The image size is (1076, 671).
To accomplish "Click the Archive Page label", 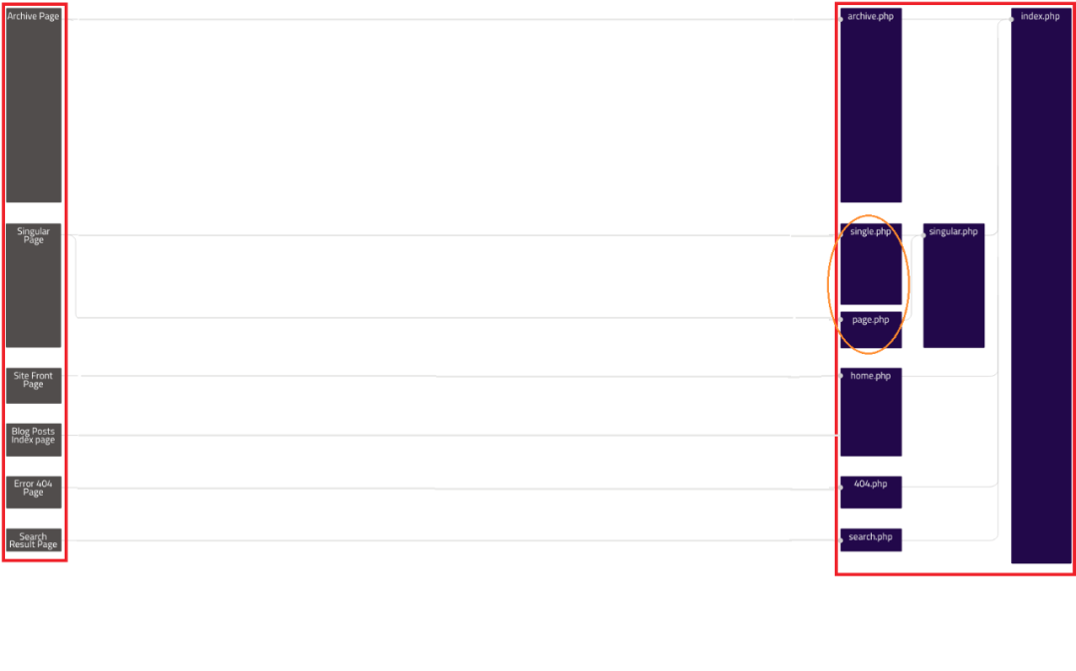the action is (x=33, y=16).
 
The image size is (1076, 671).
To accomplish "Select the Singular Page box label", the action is (x=33, y=235).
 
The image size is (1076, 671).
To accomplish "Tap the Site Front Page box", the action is (x=34, y=385).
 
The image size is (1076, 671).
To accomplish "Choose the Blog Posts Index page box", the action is (x=34, y=440).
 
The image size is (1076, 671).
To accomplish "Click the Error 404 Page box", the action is (x=34, y=492).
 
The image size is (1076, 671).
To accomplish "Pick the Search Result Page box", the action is (x=34, y=539).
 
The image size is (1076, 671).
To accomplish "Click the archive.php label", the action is (x=870, y=16).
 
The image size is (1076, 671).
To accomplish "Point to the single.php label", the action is (x=870, y=231).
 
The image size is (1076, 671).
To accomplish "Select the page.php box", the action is (x=871, y=330).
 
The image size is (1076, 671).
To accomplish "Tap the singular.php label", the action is (x=953, y=231).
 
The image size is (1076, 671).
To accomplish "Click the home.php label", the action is (x=870, y=376).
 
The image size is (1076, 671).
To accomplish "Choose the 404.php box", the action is (x=871, y=492).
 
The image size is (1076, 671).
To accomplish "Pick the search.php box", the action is (x=871, y=539).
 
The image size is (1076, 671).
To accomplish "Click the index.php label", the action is (x=1039, y=16).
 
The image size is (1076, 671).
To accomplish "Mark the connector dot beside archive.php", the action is (x=841, y=19).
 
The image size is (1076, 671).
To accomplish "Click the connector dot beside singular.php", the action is (x=924, y=235).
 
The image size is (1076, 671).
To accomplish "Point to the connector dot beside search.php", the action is (x=841, y=540).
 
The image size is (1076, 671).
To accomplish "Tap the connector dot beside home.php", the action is (x=841, y=376).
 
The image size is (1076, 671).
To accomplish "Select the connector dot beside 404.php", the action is (x=841, y=488).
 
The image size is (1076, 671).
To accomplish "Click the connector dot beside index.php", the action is (x=1011, y=19).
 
